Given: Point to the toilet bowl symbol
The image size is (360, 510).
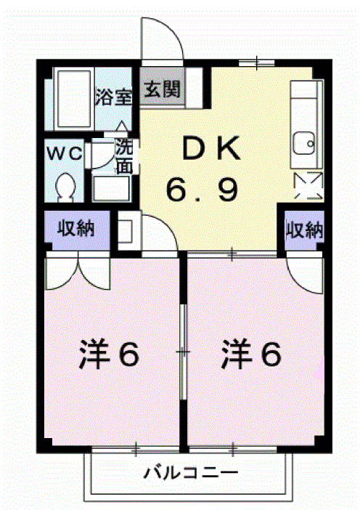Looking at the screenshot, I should (65, 186).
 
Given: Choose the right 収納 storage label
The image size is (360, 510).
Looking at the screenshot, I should (304, 230).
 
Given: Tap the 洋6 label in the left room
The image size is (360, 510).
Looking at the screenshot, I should (109, 355).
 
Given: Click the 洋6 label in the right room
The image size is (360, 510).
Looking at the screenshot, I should (251, 355).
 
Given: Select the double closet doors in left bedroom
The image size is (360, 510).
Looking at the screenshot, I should (77, 271).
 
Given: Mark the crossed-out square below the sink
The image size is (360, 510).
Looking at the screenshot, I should (305, 186).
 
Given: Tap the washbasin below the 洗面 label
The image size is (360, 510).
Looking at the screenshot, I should (111, 188).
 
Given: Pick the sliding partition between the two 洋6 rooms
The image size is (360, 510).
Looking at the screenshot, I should (184, 352).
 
